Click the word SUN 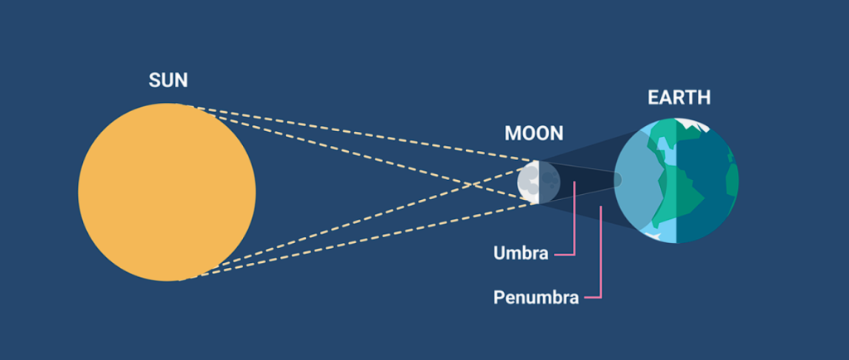coord(168,80)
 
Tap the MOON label coord(533,134)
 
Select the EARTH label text coord(679,98)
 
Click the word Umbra coord(521,253)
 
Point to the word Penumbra coord(536,297)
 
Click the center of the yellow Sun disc coord(167,192)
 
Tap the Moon coord(529,182)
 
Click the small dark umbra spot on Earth coord(617,179)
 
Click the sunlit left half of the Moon coord(526,182)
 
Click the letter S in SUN coord(154,80)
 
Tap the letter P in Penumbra coord(498,297)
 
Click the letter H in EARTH coord(704,98)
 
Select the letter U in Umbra coord(499,253)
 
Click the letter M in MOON coord(512,134)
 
